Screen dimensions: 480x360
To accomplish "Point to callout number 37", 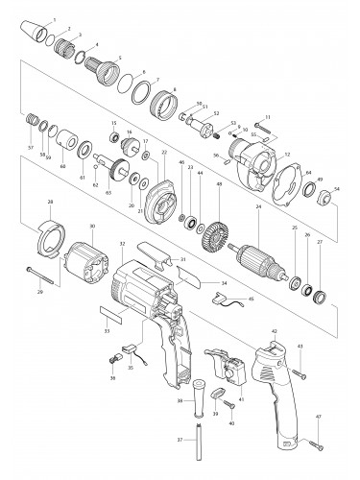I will tap(181, 440).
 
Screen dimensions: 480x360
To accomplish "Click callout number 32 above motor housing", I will tap(122, 245).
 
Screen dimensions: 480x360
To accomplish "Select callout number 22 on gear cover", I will tap(164, 153).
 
